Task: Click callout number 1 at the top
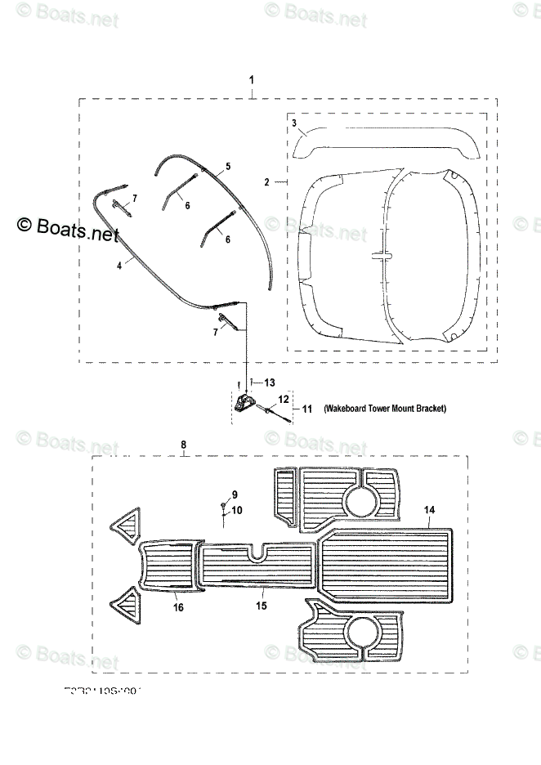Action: coord(252,80)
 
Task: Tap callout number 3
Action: coord(293,122)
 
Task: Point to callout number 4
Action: coord(119,265)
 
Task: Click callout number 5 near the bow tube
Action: coord(228,167)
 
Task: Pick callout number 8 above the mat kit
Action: coord(183,445)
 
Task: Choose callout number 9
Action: coord(234,495)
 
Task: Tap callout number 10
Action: coord(238,511)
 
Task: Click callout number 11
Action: coord(307,408)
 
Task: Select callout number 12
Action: coord(284,399)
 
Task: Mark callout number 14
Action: coord(428,510)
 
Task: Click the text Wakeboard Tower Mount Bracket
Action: coord(384,408)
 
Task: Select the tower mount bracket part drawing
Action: coord(244,402)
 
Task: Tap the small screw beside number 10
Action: coord(223,508)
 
